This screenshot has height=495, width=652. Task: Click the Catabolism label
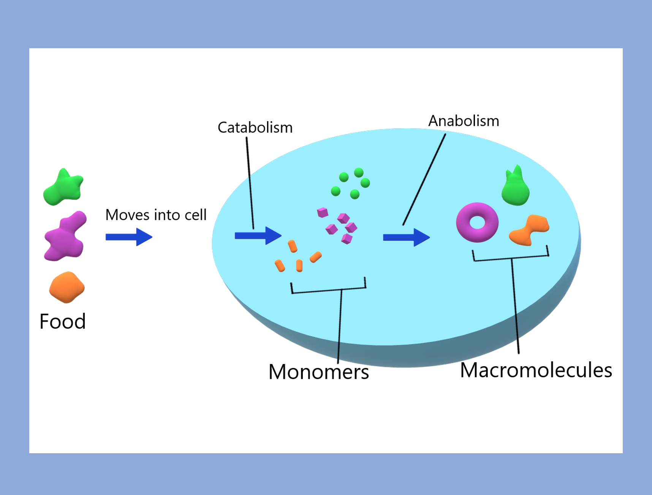[255, 128]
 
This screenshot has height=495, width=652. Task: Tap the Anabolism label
[464, 121]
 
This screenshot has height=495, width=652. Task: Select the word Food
[63, 321]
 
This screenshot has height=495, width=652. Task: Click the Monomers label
[318, 372]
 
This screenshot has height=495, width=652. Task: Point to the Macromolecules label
[536, 370]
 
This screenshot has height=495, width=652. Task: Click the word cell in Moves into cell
[196, 215]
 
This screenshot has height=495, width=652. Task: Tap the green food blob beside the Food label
[63, 188]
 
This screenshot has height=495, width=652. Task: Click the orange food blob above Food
[67, 288]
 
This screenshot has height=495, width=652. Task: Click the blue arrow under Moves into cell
[129, 237]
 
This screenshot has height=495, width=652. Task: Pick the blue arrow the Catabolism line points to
[258, 236]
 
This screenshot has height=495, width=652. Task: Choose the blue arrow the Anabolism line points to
[406, 237]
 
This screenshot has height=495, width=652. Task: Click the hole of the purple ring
[477, 222]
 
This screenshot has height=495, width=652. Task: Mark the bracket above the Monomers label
[329, 290]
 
